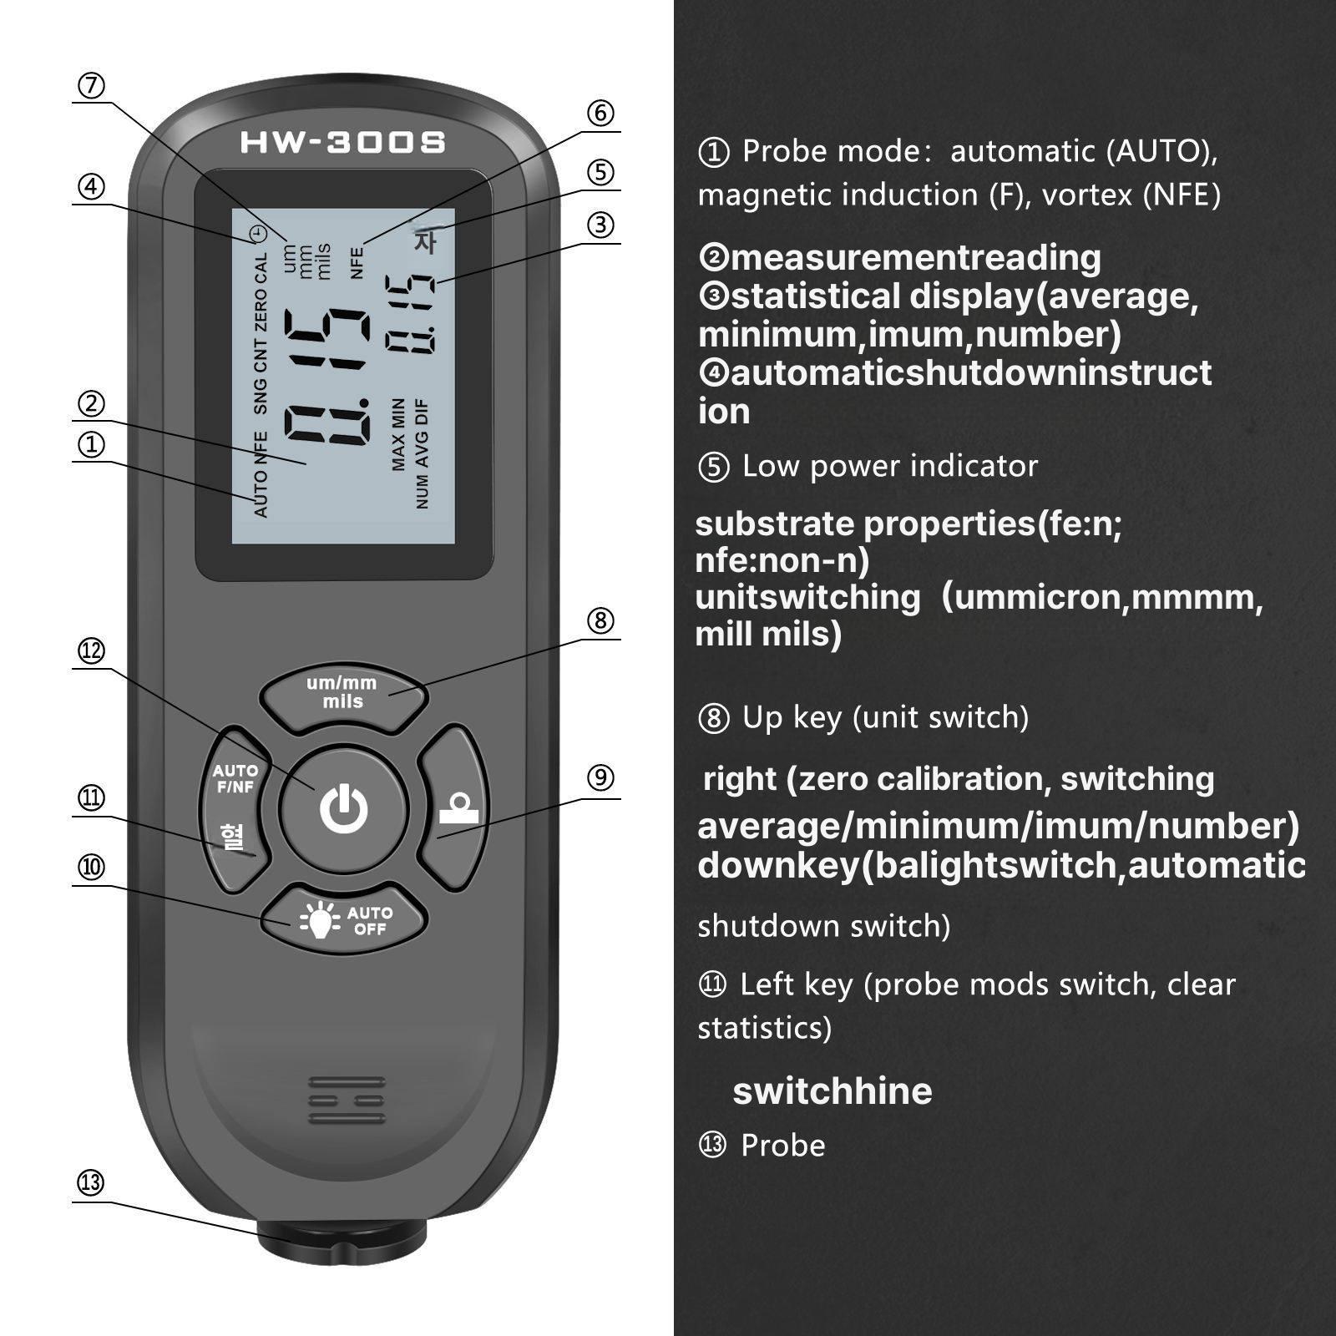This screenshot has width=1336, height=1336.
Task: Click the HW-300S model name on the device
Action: point(342,142)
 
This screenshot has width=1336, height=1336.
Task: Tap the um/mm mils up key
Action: point(343,694)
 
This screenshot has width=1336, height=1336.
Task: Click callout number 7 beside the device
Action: point(91,85)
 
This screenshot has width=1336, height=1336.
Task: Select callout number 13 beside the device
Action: point(91,1182)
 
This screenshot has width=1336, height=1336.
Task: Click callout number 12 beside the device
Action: point(91,651)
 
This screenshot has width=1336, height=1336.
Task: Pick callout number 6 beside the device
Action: point(600,113)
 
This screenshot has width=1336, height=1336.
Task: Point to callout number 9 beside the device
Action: point(600,778)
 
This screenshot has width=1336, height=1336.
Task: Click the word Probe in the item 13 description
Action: point(783,1146)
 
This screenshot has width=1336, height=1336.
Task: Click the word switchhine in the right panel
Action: point(832,1091)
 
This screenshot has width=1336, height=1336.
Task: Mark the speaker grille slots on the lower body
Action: point(347,1101)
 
